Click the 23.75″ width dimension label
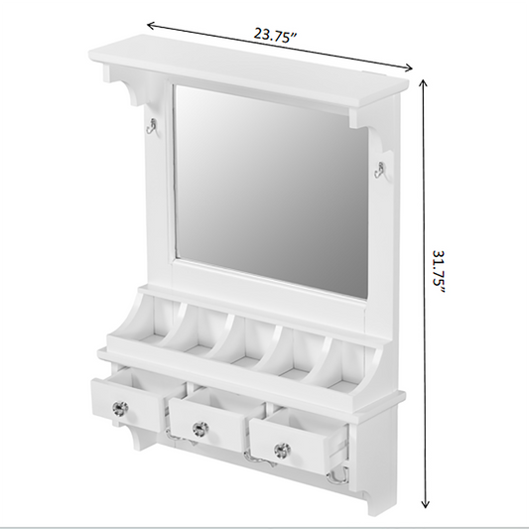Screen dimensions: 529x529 click(275, 35)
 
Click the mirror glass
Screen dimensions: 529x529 click(270, 192)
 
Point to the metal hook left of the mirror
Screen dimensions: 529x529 click(151, 127)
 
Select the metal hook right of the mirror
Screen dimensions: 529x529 click(379, 169)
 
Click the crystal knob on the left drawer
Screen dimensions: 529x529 click(120, 409)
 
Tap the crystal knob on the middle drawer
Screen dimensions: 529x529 click(200, 429)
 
